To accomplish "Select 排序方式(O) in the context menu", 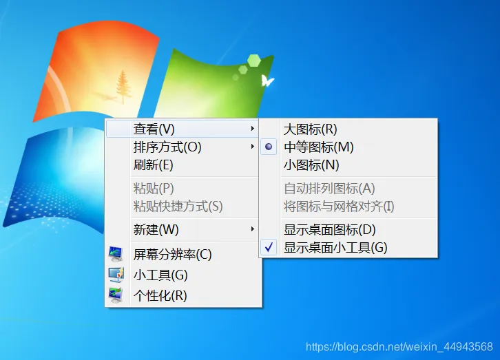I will (x=167, y=147).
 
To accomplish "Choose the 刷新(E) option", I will (x=153, y=165).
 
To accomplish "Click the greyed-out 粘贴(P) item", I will (x=153, y=188).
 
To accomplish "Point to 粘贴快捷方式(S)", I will (x=178, y=206).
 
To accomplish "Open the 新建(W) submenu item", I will (x=156, y=229).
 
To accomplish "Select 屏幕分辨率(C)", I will (x=172, y=254).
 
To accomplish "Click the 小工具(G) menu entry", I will (x=160, y=275).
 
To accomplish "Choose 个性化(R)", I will (x=160, y=296).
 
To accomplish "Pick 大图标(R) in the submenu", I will (x=311, y=129).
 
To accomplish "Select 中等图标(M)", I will (x=318, y=147).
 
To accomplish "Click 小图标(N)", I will (x=311, y=165).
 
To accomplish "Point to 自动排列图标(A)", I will (x=329, y=188).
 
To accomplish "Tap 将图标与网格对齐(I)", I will (x=339, y=206).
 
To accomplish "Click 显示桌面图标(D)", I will (x=330, y=229).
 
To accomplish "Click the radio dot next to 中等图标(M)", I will (x=269, y=147).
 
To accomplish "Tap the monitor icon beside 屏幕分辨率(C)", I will (x=116, y=254).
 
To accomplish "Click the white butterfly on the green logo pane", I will (x=267, y=81).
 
